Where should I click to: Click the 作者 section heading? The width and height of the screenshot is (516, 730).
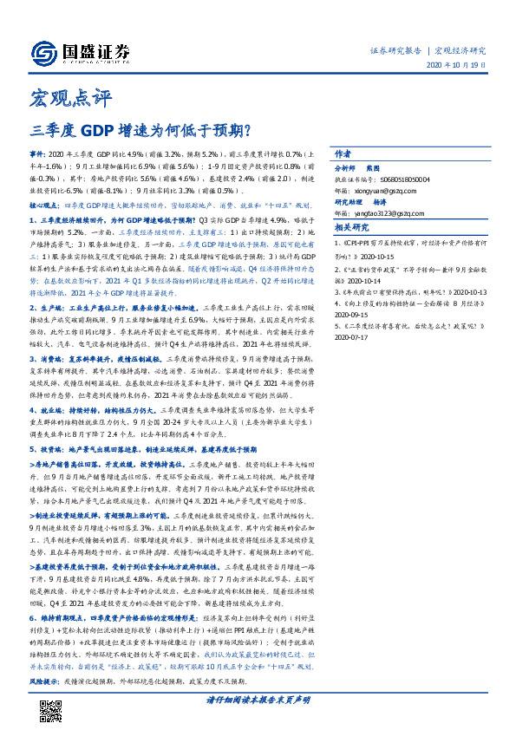click(344, 151)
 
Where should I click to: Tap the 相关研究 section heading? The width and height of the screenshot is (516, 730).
click(351, 227)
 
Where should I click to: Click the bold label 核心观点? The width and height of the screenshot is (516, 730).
click(46, 206)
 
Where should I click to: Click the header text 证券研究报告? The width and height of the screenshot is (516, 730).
click(397, 50)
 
